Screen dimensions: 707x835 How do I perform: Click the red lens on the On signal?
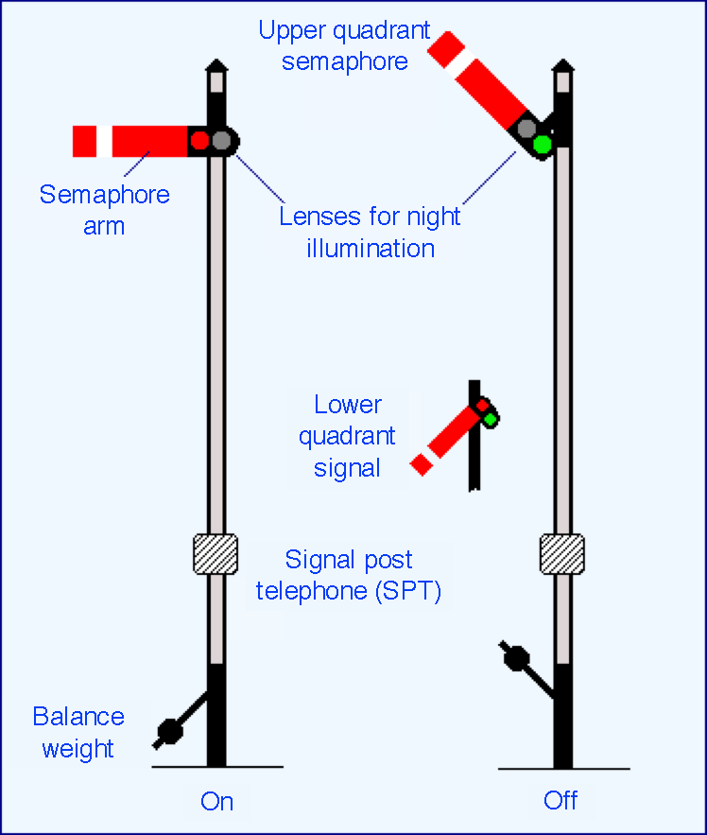(199, 141)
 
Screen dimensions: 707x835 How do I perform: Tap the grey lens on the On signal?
(221, 141)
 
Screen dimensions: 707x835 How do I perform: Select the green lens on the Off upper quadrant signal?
(543, 145)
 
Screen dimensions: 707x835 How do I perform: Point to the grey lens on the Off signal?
(526, 129)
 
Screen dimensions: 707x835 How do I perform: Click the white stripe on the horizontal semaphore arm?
(104, 141)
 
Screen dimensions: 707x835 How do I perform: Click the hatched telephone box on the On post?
(216, 554)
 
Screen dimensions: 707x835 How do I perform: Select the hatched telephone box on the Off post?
(562, 554)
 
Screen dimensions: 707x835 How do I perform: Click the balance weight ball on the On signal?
(170, 731)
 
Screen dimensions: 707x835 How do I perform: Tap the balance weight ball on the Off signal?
(516, 658)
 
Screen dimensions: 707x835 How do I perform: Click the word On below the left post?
(216, 802)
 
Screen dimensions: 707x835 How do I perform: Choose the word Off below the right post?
(560, 800)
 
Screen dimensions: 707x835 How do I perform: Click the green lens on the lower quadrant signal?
(491, 420)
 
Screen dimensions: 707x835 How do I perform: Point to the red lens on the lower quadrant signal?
(482, 406)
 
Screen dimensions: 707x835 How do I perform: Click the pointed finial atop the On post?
(216, 65)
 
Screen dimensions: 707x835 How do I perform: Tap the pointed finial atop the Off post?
(562, 65)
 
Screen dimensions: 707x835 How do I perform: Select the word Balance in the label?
(78, 716)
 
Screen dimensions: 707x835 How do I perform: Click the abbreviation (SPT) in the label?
(408, 591)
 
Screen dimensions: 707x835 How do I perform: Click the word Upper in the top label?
(291, 31)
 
